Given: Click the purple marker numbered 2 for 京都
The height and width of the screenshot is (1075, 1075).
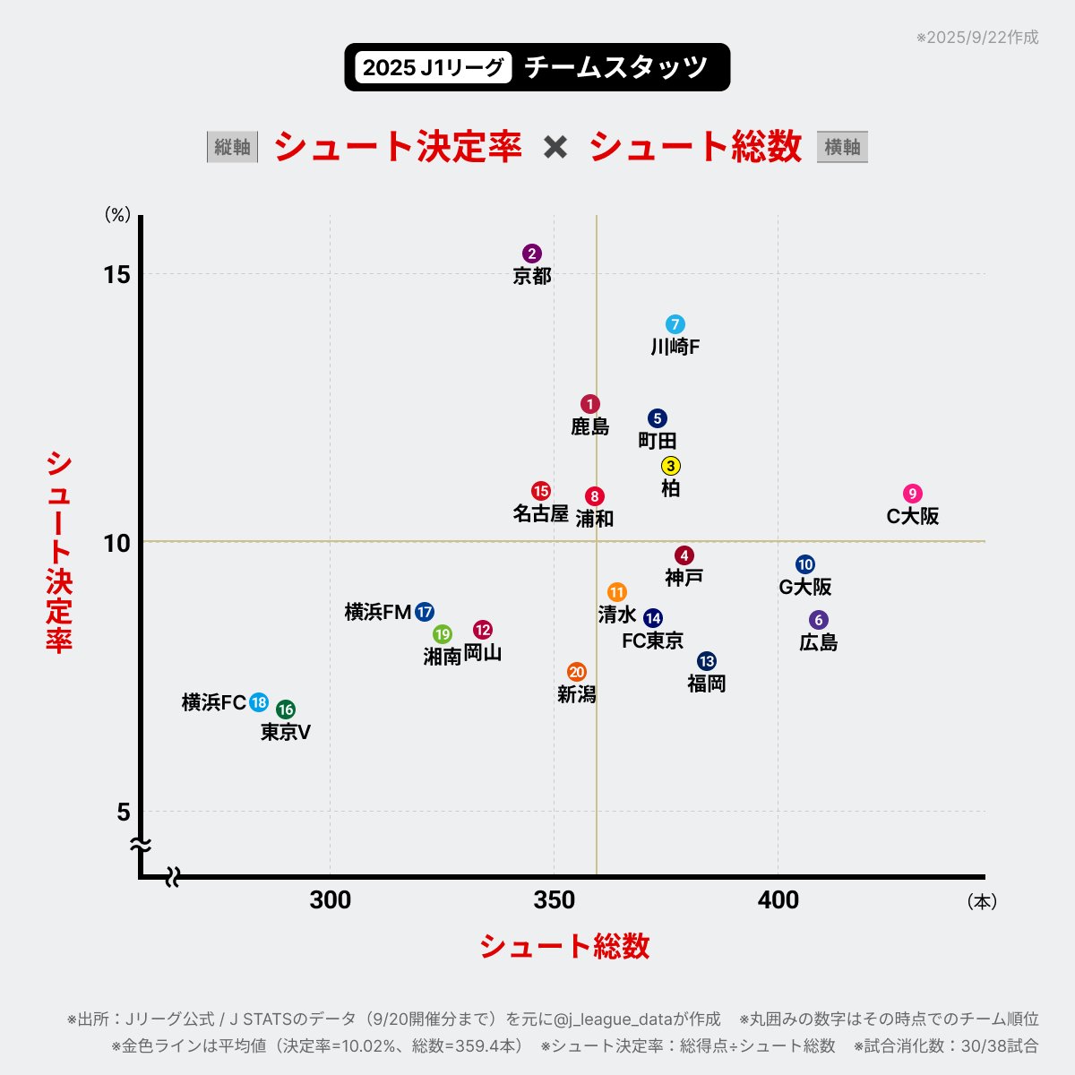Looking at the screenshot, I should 532,254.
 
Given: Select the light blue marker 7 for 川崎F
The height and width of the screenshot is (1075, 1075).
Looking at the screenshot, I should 675,324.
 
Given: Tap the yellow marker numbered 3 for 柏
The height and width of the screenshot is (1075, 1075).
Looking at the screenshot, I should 671,466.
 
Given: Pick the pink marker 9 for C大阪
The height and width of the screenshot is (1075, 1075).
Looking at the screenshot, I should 913,494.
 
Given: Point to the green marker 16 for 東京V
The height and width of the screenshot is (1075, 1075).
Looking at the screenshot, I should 286,709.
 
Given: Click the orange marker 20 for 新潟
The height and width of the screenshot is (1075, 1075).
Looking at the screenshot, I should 577,672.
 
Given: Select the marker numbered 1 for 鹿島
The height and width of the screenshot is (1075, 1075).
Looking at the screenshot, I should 589,404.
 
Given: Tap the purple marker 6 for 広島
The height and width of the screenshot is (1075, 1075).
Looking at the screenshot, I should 819,621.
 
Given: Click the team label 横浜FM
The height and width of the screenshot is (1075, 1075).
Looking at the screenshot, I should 378,612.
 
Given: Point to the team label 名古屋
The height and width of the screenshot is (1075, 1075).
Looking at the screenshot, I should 540,513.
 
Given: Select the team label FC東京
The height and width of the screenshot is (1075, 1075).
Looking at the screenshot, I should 653,641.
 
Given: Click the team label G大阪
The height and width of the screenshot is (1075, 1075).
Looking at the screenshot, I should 805,587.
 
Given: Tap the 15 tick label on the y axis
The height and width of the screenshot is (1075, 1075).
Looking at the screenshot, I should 117,274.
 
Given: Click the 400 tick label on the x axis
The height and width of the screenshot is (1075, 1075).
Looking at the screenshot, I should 778,900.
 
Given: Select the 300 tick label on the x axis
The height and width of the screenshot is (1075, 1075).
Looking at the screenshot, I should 331,900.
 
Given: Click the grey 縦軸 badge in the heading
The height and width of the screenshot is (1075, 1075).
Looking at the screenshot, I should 232,147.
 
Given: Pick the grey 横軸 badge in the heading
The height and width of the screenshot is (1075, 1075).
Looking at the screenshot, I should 842,147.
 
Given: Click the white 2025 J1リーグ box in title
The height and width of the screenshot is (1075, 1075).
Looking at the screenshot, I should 433,67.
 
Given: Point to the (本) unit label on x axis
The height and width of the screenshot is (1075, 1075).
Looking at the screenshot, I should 982,902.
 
